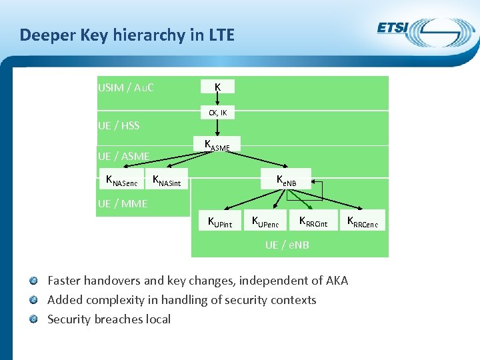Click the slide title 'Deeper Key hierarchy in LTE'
click(x=127, y=35)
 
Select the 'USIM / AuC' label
click(x=126, y=87)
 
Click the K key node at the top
click(x=218, y=87)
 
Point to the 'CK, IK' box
click(x=218, y=113)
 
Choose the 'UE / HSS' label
click(x=119, y=125)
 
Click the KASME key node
click(x=217, y=145)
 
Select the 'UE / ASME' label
click(x=123, y=157)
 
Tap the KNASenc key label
click(x=121, y=179)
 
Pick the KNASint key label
click(x=167, y=179)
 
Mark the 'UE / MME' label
click(x=123, y=204)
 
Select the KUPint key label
click(x=220, y=222)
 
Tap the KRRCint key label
click(x=313, y=222)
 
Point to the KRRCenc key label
click(x=363, y=222)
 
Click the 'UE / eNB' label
click(x=287, y=245)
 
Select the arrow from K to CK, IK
click(x=218, y=99)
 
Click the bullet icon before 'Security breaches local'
click(x=41, y=319)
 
